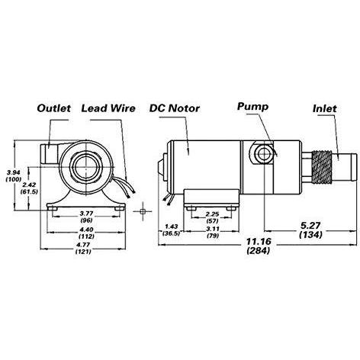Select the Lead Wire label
click(x=108, y=109)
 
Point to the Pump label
click(x=252, y=107)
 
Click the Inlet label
click(x=327, y=109)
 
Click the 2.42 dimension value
click(x=29, y=185)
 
